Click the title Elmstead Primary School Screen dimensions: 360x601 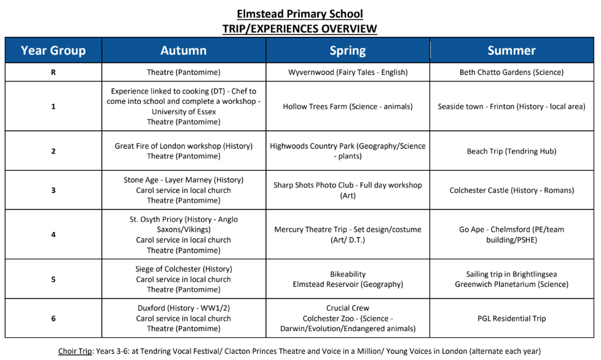click(300, 14)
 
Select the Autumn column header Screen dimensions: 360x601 click(183, 50)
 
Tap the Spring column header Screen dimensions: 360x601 click(347, 50)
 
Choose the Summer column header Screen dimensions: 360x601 click(511, 50)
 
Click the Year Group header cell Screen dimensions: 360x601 click(53, 50)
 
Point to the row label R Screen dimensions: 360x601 click(53, 72)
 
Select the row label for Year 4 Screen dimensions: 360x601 click(53, 235)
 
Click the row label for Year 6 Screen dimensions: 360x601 click(53, 318)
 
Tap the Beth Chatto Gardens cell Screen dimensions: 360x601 click(511, 72)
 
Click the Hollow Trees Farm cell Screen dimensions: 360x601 click(347, 106)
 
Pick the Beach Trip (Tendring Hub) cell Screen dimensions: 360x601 click(511, 151)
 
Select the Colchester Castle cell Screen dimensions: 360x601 click(511, 190)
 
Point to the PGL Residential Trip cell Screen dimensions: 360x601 click(511, 318)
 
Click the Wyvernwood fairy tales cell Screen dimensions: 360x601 click(347, 72)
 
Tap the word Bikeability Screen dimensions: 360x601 click(347, 274)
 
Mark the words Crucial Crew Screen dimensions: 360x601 click(347, 308)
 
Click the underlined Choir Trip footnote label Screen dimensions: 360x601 click(76, 351)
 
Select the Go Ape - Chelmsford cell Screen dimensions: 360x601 click(511, 235)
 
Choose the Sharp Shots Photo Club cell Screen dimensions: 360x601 click(347, 190)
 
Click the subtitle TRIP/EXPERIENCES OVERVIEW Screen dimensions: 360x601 click(300, 28)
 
